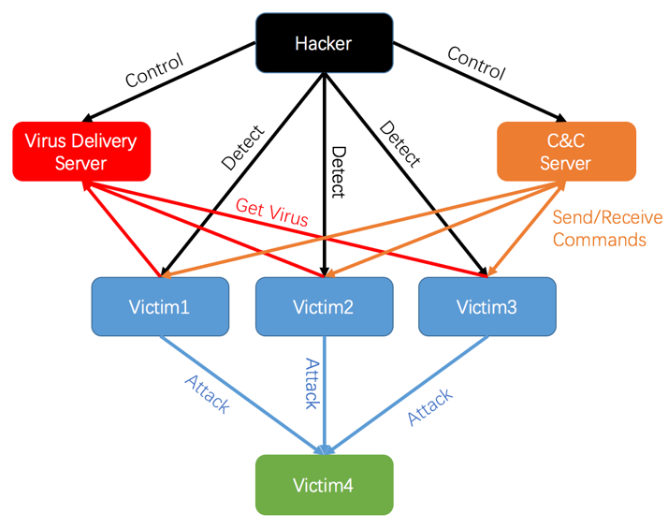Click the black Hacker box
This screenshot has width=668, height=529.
point(324,43)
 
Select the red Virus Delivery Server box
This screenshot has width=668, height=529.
point(81,152)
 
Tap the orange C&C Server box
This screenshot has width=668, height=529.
point(566,152)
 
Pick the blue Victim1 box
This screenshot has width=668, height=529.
point(160,306)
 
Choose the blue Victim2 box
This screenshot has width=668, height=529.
point(324,306)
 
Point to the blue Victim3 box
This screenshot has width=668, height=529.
point(486,306)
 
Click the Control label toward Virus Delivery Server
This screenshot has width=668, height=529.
point(154,72)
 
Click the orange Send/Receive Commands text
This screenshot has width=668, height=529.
point(606,228)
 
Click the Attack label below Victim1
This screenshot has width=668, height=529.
point(207,395)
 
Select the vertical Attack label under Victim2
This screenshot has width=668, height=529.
point(312,382)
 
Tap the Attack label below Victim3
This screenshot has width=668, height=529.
point(430,406)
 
